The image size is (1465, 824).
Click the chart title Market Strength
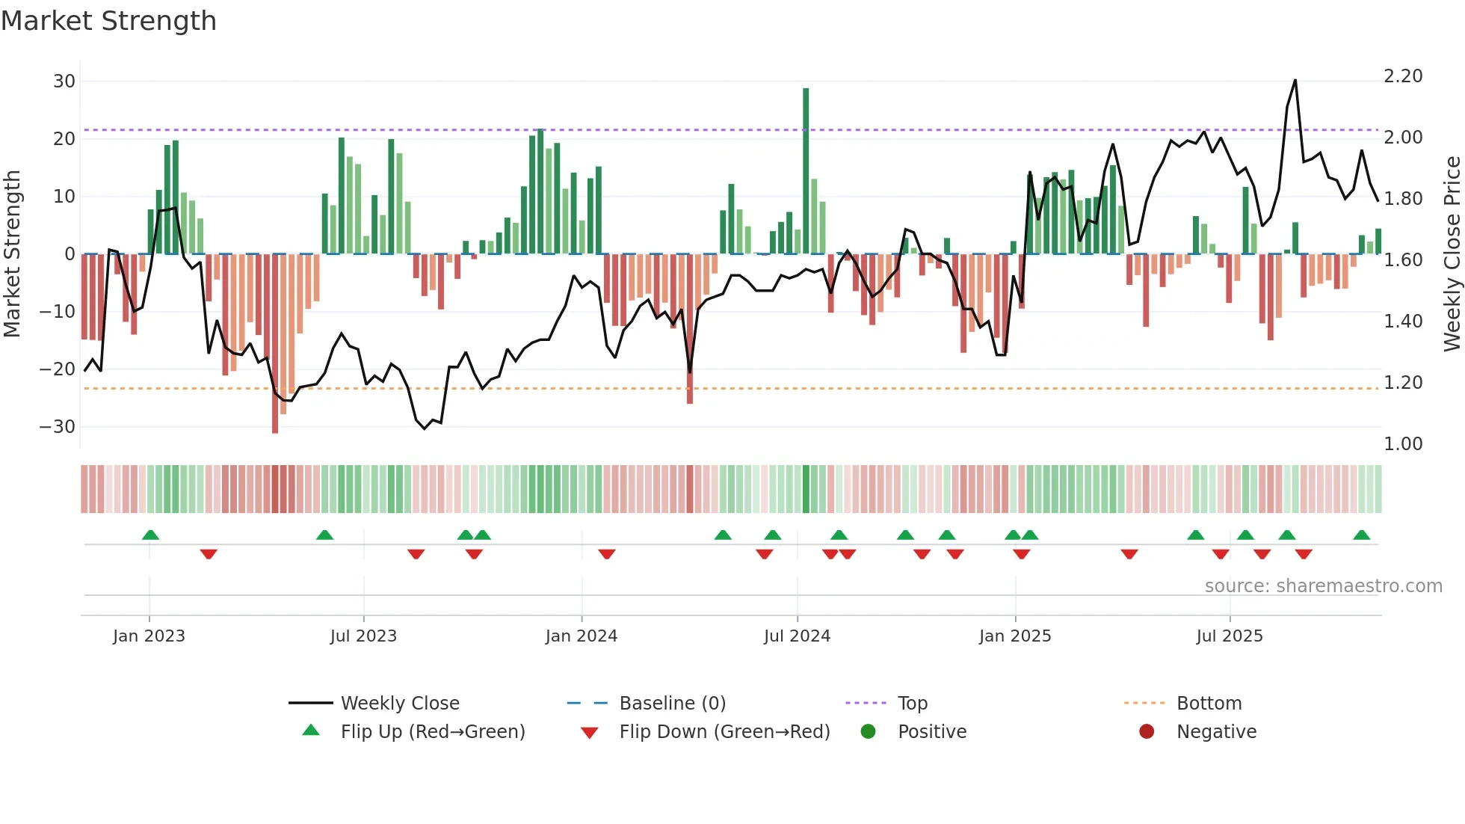click(x=108, y=21)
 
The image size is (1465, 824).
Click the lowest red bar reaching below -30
click(x=275, y=344)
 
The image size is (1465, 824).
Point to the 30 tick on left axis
click(x=64, y=81)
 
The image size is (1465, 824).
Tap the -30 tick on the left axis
click(x=58, y=427)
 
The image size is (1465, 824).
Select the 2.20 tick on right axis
click(x=1403, y=76)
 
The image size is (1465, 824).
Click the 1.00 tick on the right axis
click(x=1403, y=444)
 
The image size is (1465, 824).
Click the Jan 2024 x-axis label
click(x=582, y=636)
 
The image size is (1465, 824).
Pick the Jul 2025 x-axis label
click(x=1230, y=636)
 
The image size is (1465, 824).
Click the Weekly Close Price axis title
click(x=1452, y=254)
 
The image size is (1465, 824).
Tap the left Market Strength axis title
click(x=12, y=254)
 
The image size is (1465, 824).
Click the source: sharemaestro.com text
click(x=1323, y=586)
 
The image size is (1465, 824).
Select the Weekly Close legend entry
click(x=400, y=704)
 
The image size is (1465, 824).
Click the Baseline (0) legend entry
click(x=672, y=704)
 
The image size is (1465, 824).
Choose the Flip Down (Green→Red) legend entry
click(x=724, y=732)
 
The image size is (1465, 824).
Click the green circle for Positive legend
click(x=868, y=732)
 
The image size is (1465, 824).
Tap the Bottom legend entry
click(x=1209, y=704)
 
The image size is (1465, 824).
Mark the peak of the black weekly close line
click(x=1295, y=81)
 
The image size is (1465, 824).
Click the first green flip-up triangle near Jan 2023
click(x=150, y=535)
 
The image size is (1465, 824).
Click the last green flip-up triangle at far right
click(x=1361, y=535)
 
